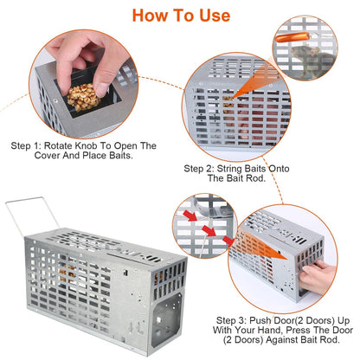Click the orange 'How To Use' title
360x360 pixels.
pyautogui.click(x=181, y=16)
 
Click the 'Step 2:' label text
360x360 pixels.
pyautogui.click(x=199, y=169)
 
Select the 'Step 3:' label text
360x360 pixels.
pyautogui.click(x=231, y=320)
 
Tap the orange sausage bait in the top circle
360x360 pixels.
pyautogui.click(x=292, y=37)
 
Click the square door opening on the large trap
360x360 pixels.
pyautogui.click(x=168, y=318)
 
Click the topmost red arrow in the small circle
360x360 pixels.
pyautogui.click(x=190, y=216)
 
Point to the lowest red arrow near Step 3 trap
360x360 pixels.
pyautogui.click(x=228, y=241)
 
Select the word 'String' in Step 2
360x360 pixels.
pyautogui.click(x=229, y=169)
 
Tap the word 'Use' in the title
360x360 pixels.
pyautogui.click(x=215, y=16)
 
